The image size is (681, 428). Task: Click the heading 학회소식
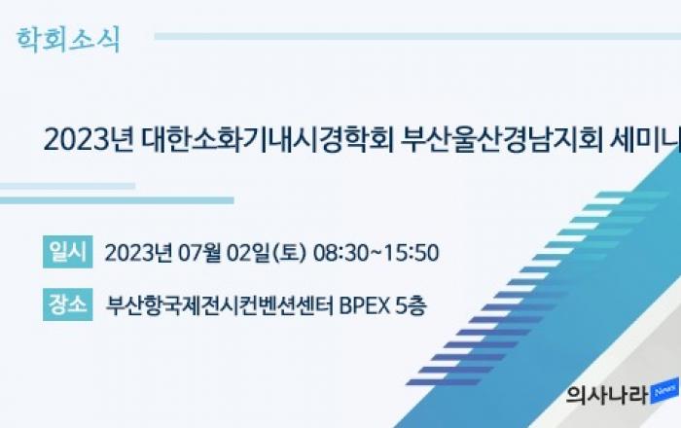pyautogui.click(x=68, y=40)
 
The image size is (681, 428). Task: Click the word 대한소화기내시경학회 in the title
pyautogui.click(x=268, y=140)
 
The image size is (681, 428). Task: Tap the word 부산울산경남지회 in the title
pyautogui.click(x=502, y=140)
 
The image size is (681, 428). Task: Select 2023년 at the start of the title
pyautogui.click(x=90, y=140)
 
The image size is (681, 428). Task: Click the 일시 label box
pyautogui.click(x=68, y=252)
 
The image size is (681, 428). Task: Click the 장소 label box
pyautogui.click(x=68, y=304)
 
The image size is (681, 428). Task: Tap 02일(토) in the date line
pyautogui.click(x=267, y=253)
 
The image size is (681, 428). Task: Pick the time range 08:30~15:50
pyautogui.click(x=376, y=253)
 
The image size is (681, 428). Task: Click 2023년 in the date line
pyautogui.click(x=138, y=253)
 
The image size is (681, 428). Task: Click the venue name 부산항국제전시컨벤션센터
pyautogui.click(x=220, y=305)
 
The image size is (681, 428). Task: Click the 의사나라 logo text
pyautogui.click(x=607, y=395)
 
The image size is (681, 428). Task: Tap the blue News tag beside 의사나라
pyautogui.click(x=664, y=391)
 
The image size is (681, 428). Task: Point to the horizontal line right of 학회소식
pyautogui.click(x=417, y=36)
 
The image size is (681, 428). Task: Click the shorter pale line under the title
pyautogui.click(x=67, y=186)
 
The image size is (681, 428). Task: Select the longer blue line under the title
pyautogui.click(x=117, y=200)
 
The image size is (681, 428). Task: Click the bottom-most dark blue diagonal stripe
pyautogui.click(x=444, y=382)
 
